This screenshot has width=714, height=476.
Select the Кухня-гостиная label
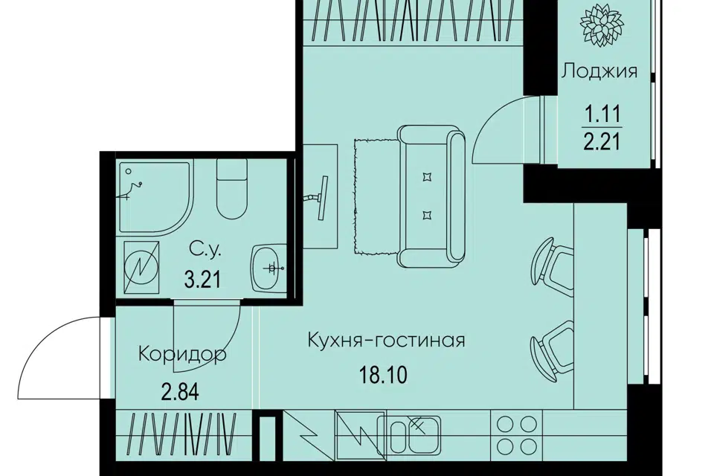coord(387,340)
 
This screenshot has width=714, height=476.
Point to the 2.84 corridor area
coord(180,392)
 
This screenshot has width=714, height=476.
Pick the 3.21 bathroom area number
coord(202,279)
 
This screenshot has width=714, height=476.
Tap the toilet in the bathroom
coord(232,189)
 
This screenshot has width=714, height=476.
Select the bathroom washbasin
coord(268,268)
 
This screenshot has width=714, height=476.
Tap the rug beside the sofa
coord(376,197)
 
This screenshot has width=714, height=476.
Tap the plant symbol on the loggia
coord(598,25)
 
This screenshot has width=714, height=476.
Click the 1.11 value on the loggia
coord(603,114)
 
